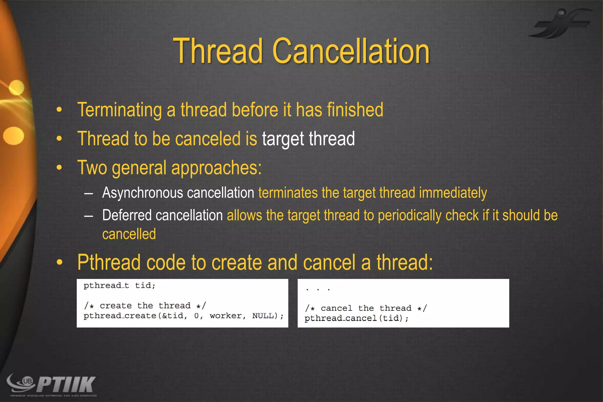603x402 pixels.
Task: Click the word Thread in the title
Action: point(218,51)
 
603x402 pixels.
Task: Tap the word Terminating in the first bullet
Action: point(120,110)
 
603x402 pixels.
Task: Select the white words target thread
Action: point(308,139)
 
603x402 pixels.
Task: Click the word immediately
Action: point(453,193)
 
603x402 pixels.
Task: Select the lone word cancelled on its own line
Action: point(129,234)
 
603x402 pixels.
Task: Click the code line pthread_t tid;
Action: point(119,285)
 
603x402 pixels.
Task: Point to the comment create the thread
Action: point(145,306)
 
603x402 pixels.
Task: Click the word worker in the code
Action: point(226,316)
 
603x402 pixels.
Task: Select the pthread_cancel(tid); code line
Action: point(356,318)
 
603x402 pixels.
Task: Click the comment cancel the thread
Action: point(366,308)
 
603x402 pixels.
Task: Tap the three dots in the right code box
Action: point(318,289)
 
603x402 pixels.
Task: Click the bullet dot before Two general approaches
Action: point(59,168)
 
